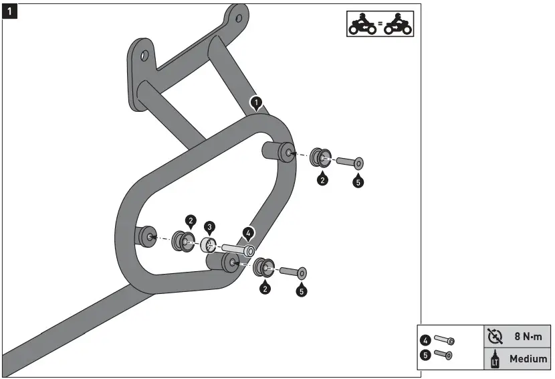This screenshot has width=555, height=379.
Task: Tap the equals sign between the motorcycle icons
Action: (380, 25)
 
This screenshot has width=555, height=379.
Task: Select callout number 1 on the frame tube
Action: (255, 102)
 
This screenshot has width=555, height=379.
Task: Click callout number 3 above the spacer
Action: (209, 227)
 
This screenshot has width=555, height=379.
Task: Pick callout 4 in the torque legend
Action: (425, 340)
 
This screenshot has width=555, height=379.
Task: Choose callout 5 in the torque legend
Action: (425, 356)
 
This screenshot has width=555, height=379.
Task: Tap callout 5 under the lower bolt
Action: (301, 291)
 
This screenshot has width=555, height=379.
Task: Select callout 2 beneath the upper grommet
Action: (322, 179)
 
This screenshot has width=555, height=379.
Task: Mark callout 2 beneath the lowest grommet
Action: (265, 289)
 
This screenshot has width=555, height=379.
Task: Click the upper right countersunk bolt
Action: (347, 161)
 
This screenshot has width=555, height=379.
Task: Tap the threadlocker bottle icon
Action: (495, 360)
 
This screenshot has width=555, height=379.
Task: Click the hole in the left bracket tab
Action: (144, 56)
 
